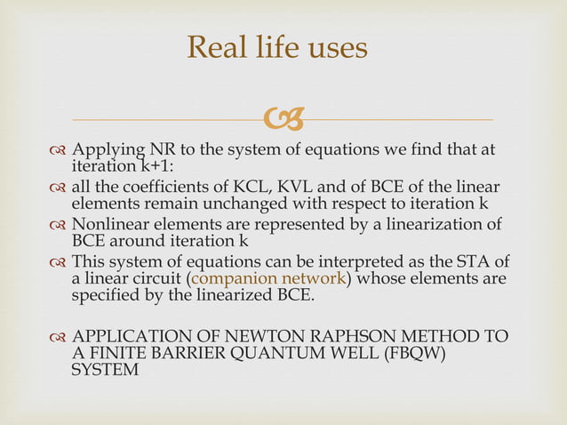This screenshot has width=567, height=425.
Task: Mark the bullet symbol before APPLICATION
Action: click(x=59, y=337)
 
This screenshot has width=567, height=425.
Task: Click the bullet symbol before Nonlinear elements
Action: click(x=59, y=224)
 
